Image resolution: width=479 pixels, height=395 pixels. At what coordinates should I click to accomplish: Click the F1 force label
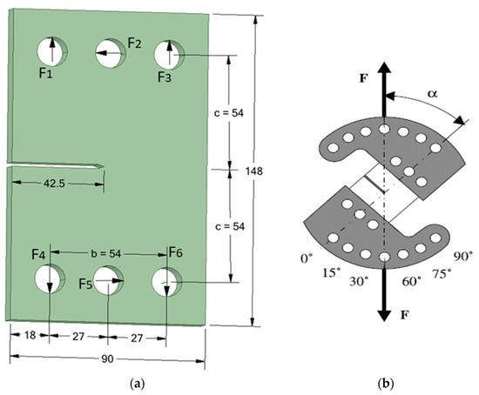(x=46, y=73)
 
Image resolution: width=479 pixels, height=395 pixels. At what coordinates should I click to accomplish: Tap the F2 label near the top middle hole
(x=134, y=43)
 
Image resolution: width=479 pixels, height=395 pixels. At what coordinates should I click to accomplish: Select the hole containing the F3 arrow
(x=169, y=54)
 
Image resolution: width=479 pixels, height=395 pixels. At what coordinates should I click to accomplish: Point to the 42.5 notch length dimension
(x=54, y=184)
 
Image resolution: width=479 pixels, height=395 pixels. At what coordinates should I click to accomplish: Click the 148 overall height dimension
(x=253, y=171)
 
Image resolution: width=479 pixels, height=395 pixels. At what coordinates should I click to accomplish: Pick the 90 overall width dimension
(x=107, y=359)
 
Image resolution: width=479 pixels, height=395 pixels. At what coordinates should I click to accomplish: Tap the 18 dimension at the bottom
(x=30, y=335)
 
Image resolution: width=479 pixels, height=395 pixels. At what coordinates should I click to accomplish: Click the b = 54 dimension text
(x=106, y=253)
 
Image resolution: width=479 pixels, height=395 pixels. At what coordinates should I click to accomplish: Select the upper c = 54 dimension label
(x=229, y=113)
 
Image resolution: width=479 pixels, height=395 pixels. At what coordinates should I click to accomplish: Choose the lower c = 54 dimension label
(x=230, y=226)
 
